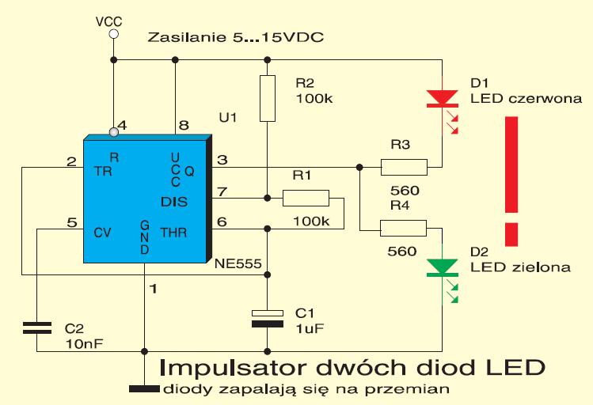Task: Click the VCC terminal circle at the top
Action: click(x=113, y=34)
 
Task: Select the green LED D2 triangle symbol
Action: click(x=442, y=267)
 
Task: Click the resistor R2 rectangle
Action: click(x=268, y=98)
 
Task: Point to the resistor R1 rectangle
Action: click(x=306, y=198)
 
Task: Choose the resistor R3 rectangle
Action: click(x=404, y=167)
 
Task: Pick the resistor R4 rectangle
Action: click(x=403, y=228)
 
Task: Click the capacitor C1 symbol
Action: click(x=268, y=318)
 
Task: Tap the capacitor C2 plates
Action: click(x=37, y=328)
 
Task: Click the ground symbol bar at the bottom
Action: click(x=144, y=388)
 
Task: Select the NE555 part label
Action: click(x=238, y=263)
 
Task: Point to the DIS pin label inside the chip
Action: click(x=174, y=202)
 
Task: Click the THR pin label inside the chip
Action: click(x=173, y=233)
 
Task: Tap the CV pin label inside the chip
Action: click(x=102, y=233)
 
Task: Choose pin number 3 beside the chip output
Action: click(x=222, y=160)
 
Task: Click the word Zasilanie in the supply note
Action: click(x=186, y=37)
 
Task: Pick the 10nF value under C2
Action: click(x=85, y=344)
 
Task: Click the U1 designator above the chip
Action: click(x=228, y=118)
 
